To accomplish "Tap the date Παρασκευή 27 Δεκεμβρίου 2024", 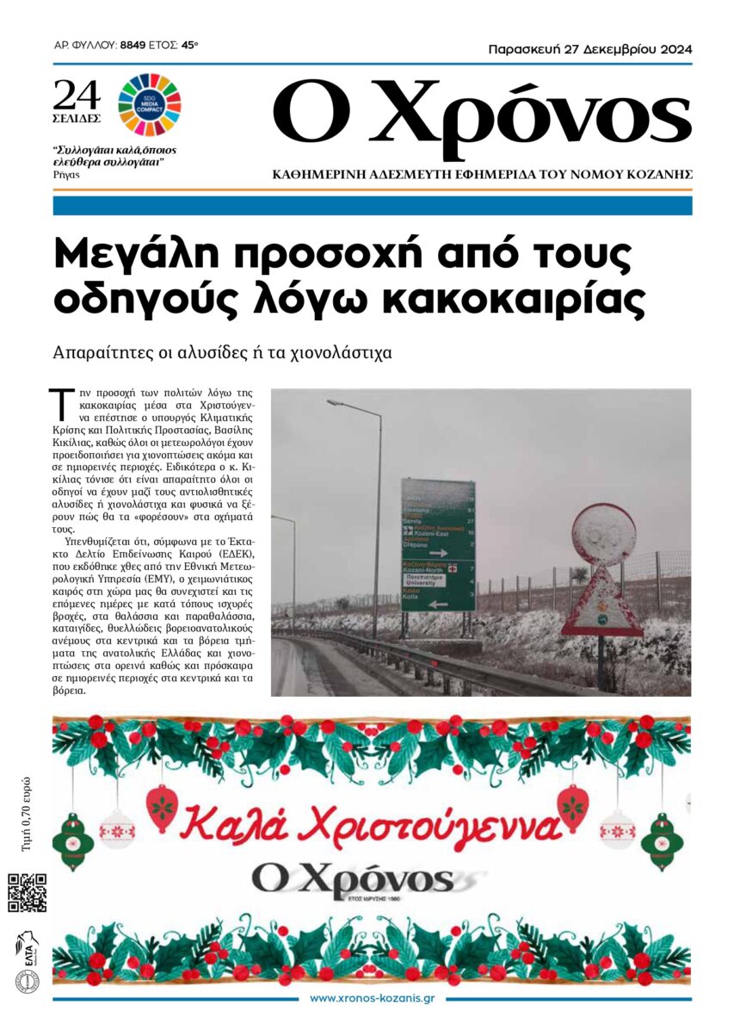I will [x=589, y=50].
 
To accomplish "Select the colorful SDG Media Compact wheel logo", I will [x=149, y=104].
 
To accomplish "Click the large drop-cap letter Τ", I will [x=60, y=402].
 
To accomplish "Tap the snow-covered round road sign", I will [x=603, y=534].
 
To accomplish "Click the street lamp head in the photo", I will [x=337, y=402].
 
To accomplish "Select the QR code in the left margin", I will [x=27, y=892].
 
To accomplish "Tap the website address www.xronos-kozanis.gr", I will [x=371, y=999].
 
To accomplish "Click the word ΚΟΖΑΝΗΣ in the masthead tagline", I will [x=659, y=175].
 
